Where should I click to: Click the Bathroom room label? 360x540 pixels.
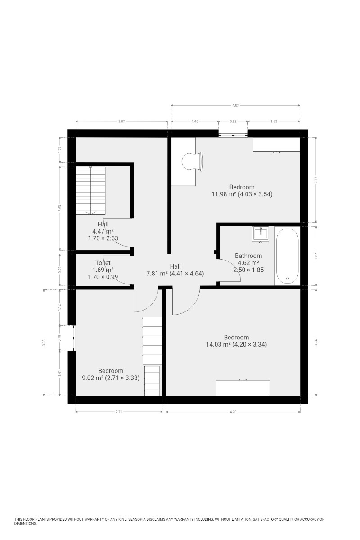[x=248, y=256]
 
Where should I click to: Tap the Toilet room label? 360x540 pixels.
[x=103, y=262]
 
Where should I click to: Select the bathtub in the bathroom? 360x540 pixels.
[x=287, y=256]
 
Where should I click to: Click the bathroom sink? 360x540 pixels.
[x=261, y=234]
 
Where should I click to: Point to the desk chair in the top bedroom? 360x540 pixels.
[x=192, y=162]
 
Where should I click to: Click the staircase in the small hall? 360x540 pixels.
[x=90, y=190]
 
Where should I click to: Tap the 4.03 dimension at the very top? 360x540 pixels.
[x=235, y=105]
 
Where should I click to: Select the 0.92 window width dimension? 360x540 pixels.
[x=233, y=121]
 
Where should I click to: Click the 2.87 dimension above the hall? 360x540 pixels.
[x=121, y=121]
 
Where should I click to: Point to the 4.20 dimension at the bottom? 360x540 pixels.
[x=233, y=412]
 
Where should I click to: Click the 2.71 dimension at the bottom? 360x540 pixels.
[x=119, y=412]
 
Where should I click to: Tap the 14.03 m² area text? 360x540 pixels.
[x=218, y=344]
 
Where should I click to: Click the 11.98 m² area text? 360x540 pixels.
[x=224, y=194]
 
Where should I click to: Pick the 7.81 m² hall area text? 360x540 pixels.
[x=157, y=274]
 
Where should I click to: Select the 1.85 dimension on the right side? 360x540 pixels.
[x=316, y=255]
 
